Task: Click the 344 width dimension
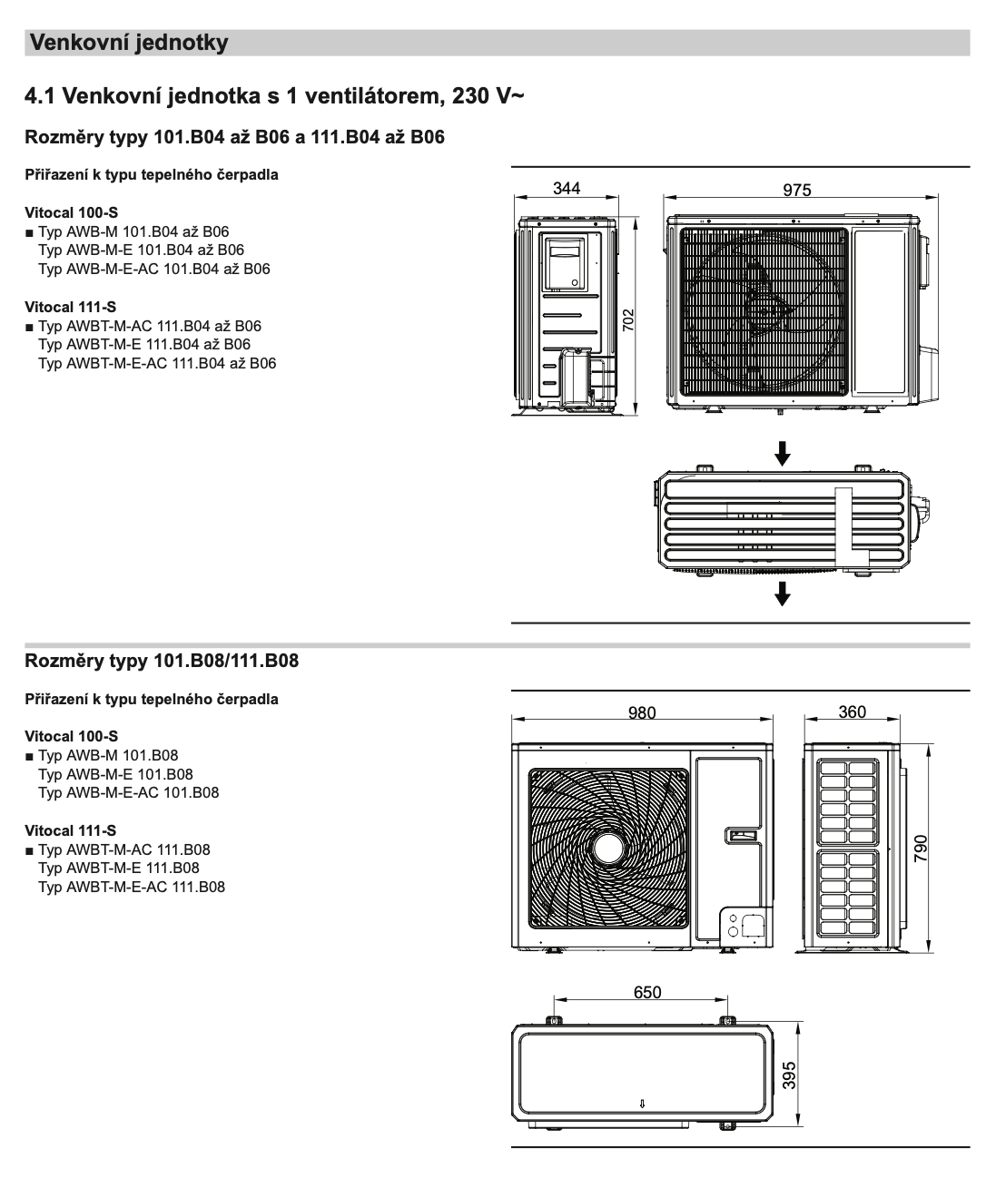coord(567,189)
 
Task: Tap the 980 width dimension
coord(642,712)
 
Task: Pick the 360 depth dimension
coord(852,712)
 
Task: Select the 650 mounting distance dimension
coord(646,993)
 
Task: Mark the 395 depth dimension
coord(789,1075)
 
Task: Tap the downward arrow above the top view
coord(782,453)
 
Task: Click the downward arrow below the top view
coord(782,594)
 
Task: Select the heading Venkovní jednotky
coord(129,43)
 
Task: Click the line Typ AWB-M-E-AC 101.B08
coord(128,792)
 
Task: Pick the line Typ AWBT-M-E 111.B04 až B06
coord(144,345)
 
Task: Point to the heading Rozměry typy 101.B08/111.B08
coord(162,661)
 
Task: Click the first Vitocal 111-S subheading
coord(70,307)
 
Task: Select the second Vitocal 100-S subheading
coord(71,736)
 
